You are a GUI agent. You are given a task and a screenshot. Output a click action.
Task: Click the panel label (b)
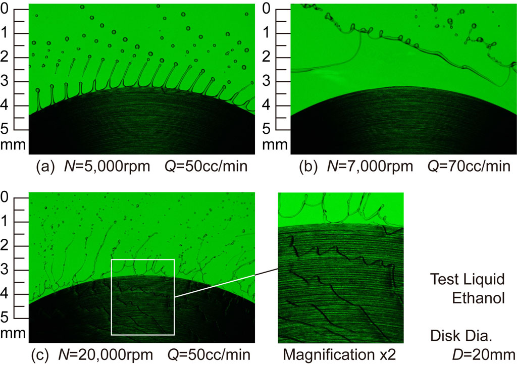309,166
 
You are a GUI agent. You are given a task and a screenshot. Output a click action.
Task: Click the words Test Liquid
467,279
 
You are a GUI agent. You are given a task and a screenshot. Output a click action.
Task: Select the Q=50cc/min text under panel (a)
211,166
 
